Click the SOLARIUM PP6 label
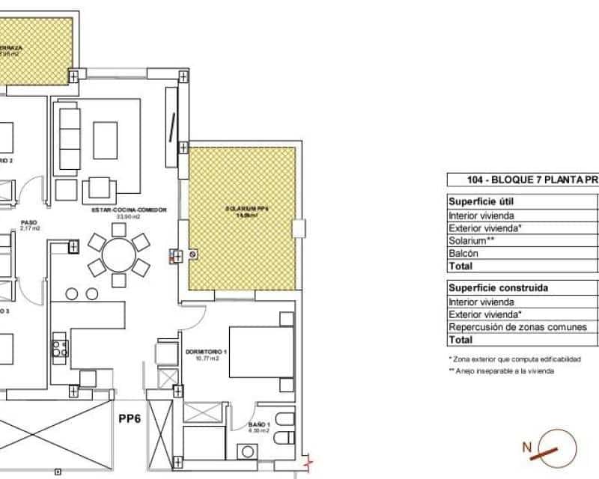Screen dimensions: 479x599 tap(246, 210)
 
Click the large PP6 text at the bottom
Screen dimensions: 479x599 tap(130, 419)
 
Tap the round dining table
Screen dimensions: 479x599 tap(118, 255)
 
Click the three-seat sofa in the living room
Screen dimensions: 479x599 tap(69, 139)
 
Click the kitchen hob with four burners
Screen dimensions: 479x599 tap(59, 348)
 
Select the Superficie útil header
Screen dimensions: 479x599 tap(481, 202)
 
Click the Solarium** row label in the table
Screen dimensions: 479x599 tap(472, 240)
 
